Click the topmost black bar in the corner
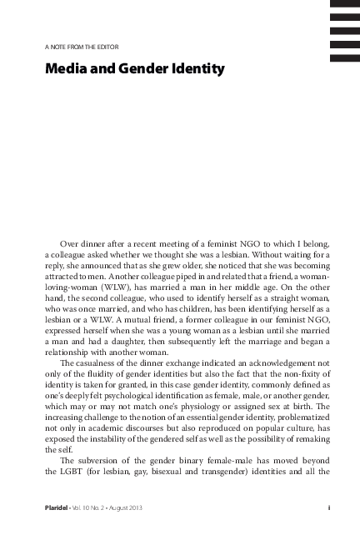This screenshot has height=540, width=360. pos(345,4)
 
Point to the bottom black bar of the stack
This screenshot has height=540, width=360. pos(345,57)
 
